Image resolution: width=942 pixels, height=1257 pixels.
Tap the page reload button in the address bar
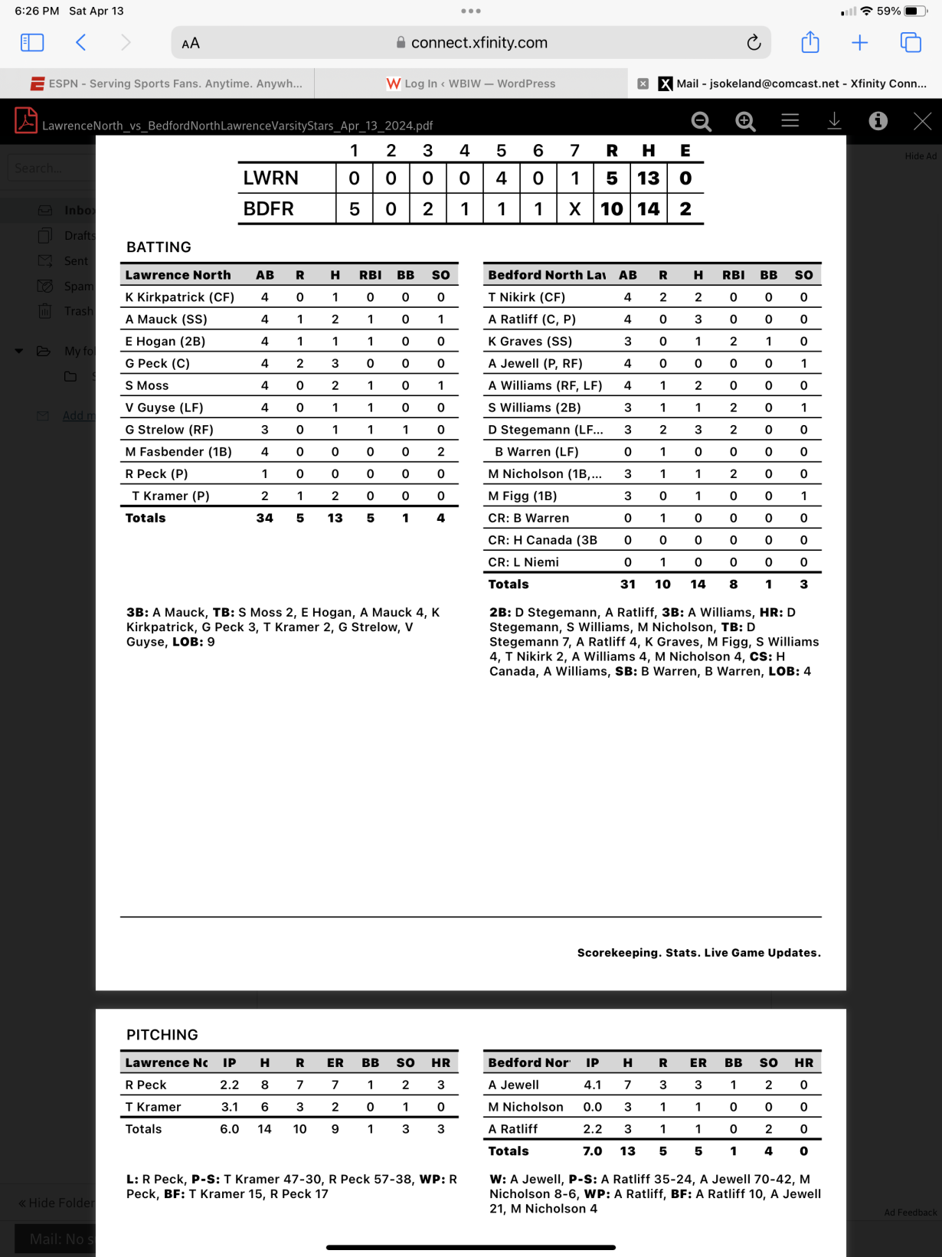click(x=754, y=43)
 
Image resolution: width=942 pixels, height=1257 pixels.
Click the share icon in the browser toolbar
click(x=810, y=43)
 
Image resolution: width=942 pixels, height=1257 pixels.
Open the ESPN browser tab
click(x=167, y=83)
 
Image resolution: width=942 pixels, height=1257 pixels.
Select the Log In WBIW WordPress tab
click(x=471, y=83)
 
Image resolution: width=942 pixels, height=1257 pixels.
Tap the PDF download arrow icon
click(x=834, y=121)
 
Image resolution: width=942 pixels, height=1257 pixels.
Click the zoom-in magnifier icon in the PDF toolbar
click(x=745, y=121)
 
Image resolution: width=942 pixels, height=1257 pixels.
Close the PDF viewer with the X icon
click(x=922, y=121)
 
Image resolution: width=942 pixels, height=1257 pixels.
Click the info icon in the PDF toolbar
click(x=878, y=121)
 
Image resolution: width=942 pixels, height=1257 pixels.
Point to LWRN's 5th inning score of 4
click(x=501, y=178)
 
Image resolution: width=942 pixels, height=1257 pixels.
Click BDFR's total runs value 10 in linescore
click(x=611, y=208)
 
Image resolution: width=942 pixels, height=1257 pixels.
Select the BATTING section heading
click(x=159, y=247)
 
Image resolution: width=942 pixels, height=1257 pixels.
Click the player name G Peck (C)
click(x=158, y=363)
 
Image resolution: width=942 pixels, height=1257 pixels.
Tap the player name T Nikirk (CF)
click(x=527, y=297)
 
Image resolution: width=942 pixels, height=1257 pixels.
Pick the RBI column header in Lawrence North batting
click(x=370, y=275)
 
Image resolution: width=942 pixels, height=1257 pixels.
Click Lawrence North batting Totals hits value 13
click(x=335, y=518)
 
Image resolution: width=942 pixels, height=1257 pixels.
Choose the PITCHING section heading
click(x=162, y=1035)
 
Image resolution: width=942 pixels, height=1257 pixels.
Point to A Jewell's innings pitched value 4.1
click(x=592, y=1085)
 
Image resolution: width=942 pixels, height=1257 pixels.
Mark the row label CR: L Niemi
click(x=524, y=562)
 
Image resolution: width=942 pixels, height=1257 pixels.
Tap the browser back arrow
click(x=81, y=43)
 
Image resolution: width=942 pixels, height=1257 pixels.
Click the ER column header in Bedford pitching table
click(x=698, y=1062)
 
